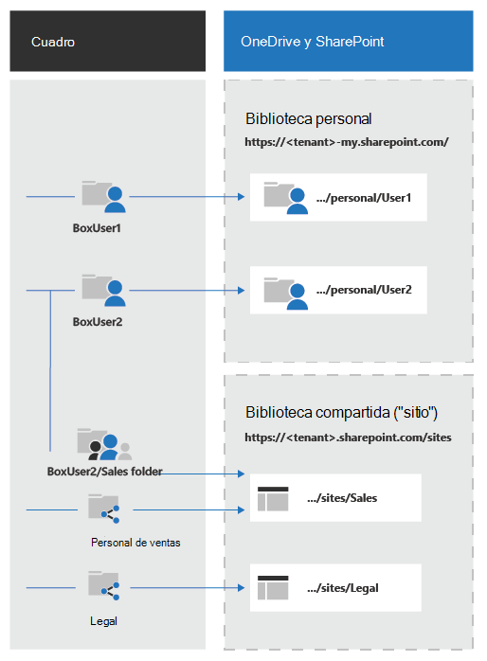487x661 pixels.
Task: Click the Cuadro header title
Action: click(53, 43)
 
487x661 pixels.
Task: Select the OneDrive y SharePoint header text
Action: click(312, 42)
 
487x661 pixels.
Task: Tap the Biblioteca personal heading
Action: click(308, 119)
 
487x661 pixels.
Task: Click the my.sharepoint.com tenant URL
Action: click(347, 142)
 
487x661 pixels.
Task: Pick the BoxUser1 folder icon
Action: click(103, 196)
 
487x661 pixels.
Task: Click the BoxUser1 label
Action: click(97, 228)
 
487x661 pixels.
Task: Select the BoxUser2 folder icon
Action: click(103, 290)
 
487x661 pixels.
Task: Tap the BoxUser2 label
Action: click(98, 322)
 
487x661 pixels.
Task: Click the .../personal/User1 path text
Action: click(364, 198)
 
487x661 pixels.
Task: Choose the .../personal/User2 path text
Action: click(364, 290)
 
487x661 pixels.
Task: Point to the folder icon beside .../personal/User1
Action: click(286, 198)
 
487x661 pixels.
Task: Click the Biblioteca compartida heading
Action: click(341, 412)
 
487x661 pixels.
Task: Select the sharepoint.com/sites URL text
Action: click(348, 438)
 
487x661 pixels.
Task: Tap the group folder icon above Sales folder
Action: click(104, 444)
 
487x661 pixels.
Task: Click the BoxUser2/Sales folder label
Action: click(104, 472)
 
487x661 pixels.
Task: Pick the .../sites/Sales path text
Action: click(342, 498)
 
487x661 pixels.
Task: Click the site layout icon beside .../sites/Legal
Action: click(273, 588)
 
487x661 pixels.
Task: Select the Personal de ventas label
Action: click(135, 543)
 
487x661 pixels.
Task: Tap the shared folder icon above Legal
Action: click(103, 585)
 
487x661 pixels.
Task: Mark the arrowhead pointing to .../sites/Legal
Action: click(242, 588)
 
